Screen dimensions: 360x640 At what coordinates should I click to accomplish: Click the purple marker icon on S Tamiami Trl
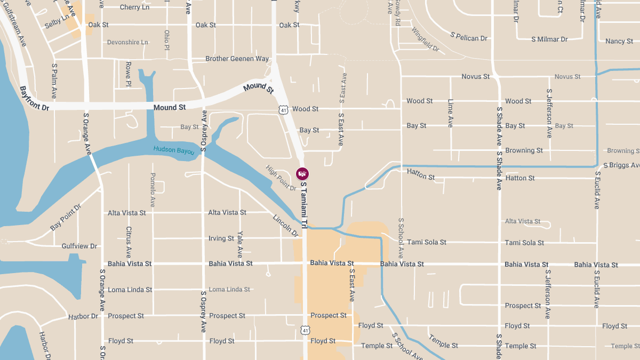tap(302, 174)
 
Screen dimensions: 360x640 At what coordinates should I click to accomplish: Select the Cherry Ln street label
tap(134, 7)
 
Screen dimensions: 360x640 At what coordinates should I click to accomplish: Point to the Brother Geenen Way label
tap(237, 59)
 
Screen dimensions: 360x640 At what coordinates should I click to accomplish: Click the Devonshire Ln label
tap(127, 42)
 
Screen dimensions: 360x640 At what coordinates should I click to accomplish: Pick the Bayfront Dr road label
tap(34, 99)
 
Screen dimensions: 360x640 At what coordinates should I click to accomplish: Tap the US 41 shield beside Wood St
tap(282, 109)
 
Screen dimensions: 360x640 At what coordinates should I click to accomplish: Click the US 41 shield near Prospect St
tap(305, 331)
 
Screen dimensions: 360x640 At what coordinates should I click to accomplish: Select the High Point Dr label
tap(281, 178)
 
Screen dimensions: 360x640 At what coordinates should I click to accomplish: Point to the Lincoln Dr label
tap(285, 226)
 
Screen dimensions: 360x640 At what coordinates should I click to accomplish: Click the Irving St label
tap(221, 238)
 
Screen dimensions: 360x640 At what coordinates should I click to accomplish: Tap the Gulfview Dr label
tap(79, 246)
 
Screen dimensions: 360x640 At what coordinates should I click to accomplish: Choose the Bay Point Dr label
tap(66, 218)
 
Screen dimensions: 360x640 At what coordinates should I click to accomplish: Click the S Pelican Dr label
tap(469, 38)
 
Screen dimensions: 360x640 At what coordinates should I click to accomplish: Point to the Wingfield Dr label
tap(425, 39)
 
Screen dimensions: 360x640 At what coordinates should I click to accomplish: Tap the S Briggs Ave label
tap(621, 165)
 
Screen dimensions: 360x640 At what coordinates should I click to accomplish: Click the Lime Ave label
tap(451, 113)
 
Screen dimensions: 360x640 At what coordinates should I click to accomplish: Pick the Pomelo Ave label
tap(153, 190)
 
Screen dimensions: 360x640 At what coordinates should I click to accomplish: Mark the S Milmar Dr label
tap(549, 39)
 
